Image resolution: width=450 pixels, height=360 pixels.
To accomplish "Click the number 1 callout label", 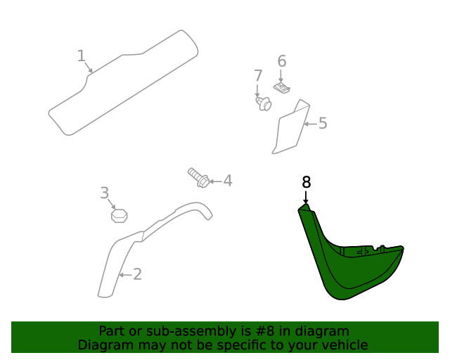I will coord(81,56).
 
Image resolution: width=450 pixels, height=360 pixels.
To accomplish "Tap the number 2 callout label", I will coord(137,274).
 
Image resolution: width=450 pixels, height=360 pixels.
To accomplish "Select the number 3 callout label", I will coord(104,193).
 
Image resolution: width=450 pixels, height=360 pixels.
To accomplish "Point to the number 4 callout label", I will coord(227,181).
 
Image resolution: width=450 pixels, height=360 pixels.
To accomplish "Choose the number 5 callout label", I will coord(323,124).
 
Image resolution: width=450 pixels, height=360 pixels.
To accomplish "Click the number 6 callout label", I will coord(282,61).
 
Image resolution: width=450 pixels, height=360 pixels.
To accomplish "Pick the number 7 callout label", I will coord(258,75).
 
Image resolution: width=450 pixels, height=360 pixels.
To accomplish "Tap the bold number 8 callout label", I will coord(306,182).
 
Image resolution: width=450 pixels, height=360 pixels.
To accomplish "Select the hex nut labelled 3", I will coord(119,214).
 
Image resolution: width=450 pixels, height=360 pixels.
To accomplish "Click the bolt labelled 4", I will coord(198,177).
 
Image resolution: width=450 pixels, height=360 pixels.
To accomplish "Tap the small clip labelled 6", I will coord(282,89).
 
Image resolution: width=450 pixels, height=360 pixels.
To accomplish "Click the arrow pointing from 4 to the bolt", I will coord(216,181).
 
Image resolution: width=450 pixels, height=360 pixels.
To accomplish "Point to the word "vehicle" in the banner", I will coord(344,345).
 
